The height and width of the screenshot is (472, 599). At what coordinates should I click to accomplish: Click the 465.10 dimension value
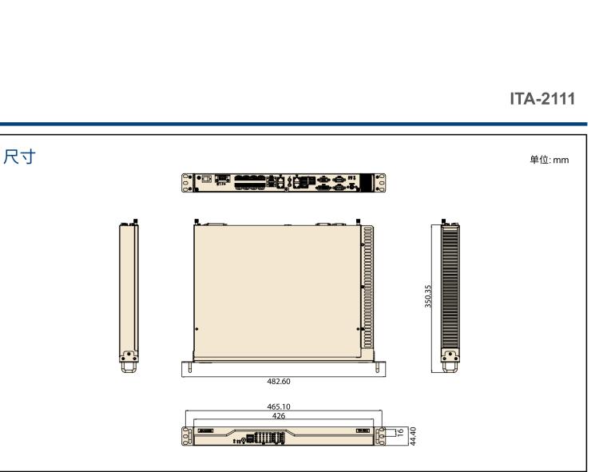coord(280,407)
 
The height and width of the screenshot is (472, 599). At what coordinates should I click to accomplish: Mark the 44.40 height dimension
coord(412,435)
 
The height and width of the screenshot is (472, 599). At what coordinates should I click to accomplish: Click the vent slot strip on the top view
coord(368,288)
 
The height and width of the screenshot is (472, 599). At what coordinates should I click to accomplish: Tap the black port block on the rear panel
coord(367,182)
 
